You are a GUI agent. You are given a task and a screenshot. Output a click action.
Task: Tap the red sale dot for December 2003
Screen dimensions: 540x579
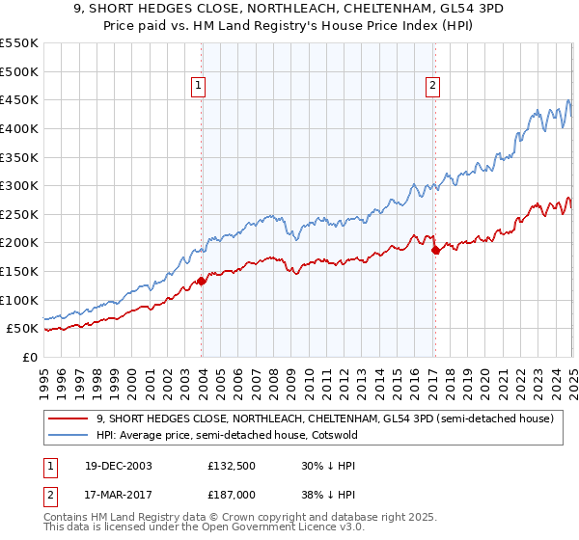pos(202,282)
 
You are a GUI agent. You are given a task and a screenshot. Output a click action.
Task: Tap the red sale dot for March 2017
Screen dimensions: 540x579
pos(435,251)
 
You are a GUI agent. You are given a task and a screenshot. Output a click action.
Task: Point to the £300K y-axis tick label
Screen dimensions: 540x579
pos(19,185)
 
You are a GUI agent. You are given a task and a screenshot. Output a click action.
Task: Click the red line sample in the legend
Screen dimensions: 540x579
pos(68,418)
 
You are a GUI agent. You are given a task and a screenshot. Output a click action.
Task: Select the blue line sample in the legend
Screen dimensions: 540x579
pos(68,435)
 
